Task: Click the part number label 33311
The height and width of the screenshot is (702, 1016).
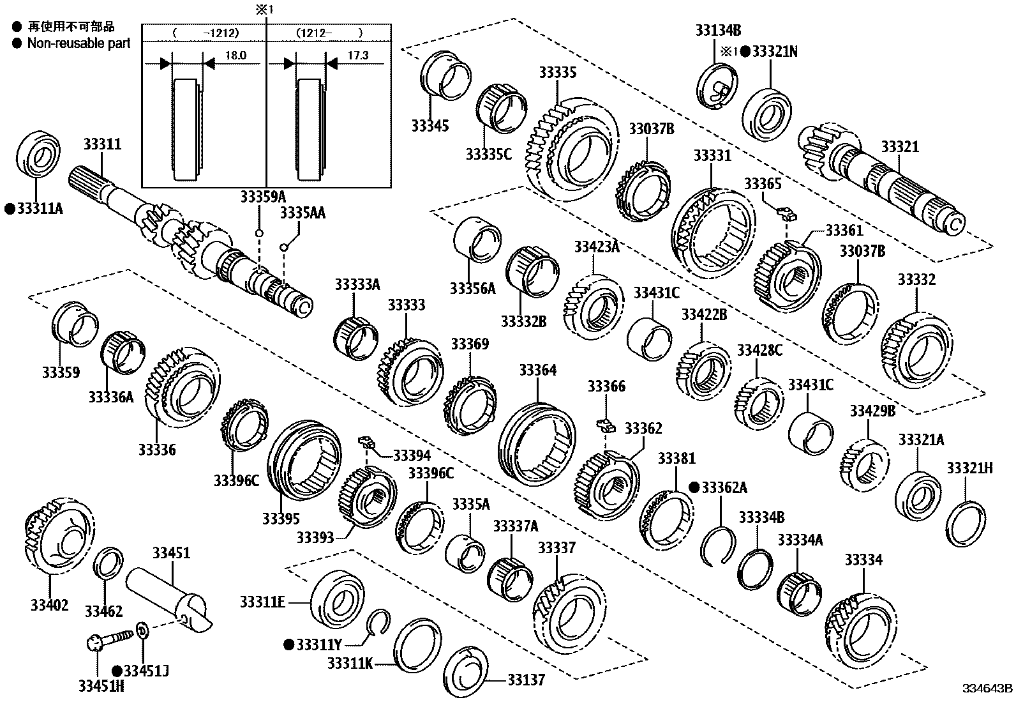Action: click(x=102, y=145)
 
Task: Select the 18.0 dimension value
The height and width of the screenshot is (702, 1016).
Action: click(x=235, y=56)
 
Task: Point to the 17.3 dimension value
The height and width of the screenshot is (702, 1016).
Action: click(x=358, y=56)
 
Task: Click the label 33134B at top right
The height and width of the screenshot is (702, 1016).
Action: click(x=718, y=30)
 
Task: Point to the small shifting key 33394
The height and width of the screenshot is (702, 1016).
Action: click(x=366, y=440)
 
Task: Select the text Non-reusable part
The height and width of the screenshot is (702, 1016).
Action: click(x=78, y=43)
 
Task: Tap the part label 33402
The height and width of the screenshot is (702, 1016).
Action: click(x=49, y=604)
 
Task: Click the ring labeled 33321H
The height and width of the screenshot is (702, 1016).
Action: click(x=965, y=524)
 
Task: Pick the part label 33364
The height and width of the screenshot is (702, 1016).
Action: click(x=537, y=370)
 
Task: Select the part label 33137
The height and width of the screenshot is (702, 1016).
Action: click(x=527, y=679)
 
